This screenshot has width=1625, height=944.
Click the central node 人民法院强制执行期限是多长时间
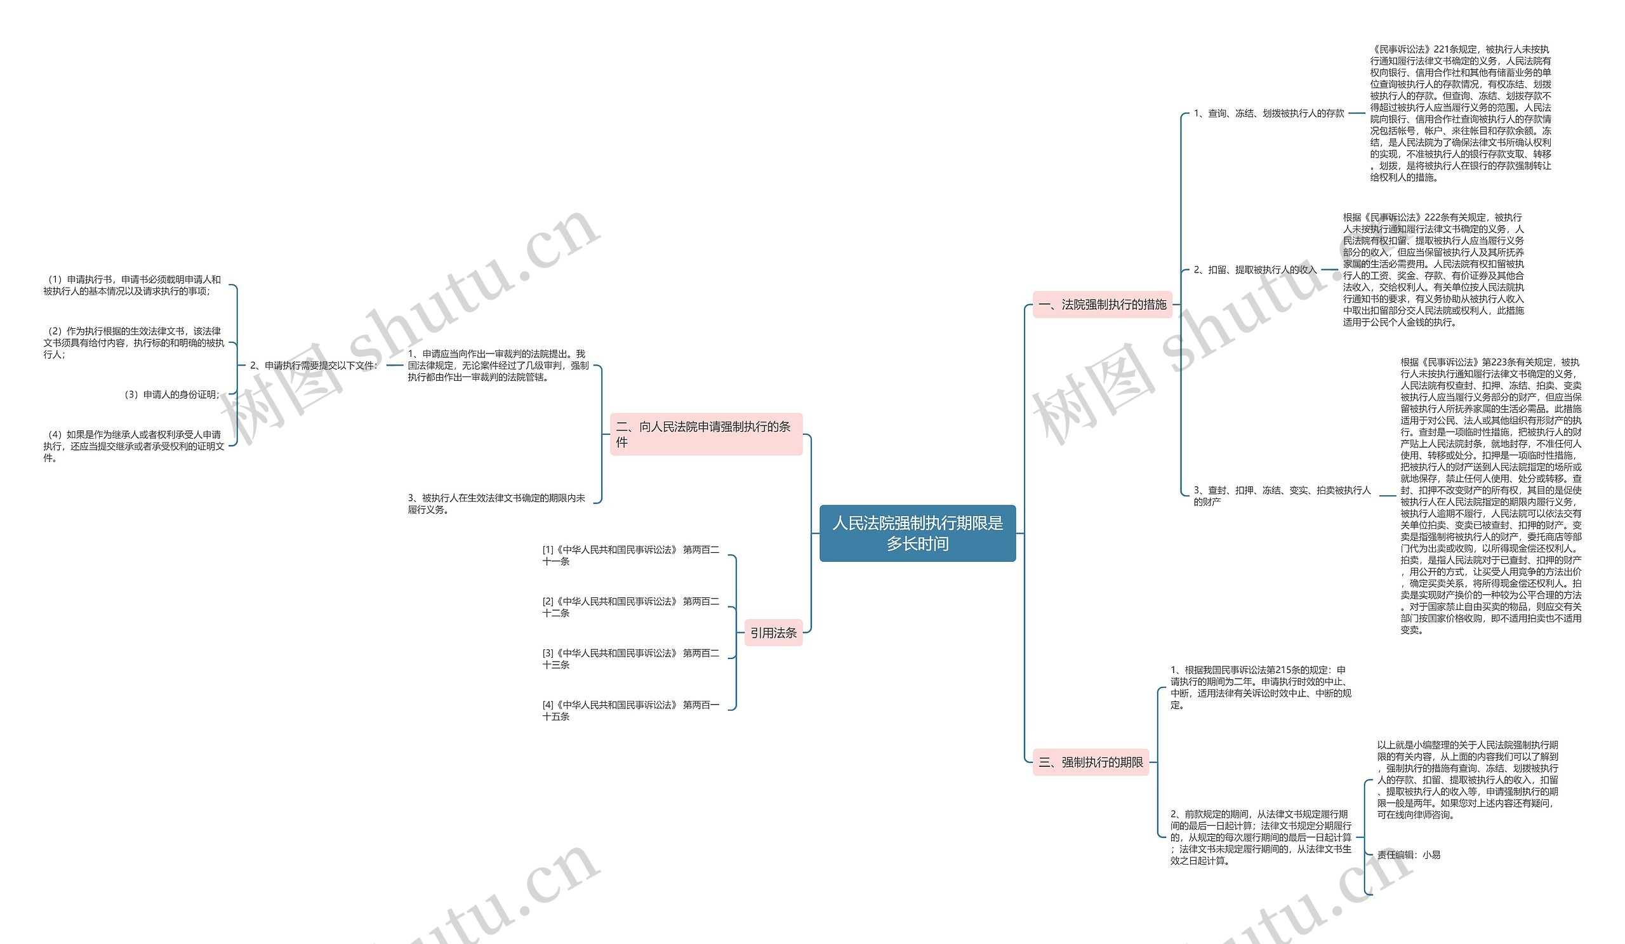pyautogui.click(x=917, y=533)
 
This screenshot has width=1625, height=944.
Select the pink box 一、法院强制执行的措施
pyautogui.click(x=1102, y=304)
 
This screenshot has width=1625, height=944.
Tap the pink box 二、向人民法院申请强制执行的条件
pyautogui.click(x=705, y=434)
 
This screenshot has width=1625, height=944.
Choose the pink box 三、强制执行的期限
pyautogui.click(x=1091, y=762)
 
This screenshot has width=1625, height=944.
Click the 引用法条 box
pyautogui.click(x=773, y=632)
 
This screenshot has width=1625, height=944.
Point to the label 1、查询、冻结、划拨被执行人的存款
pyautogui.click(x=1268, y=114)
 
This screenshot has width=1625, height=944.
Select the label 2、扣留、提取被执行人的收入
pyautogui.click(x=1254, y=270)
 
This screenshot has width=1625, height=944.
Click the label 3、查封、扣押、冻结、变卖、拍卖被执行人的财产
pyautogui.click(x=1282, y=495)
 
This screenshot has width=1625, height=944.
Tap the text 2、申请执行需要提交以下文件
pyautogui.click(x=314, y=365)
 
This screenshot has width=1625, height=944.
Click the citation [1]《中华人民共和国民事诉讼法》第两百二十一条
pyautogui.click(x=630, y=555)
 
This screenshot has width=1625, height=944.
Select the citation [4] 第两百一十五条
pyautogui.click(x=630, y=710)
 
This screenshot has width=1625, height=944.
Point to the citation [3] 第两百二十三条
pyautogui.click(x=630, y=658)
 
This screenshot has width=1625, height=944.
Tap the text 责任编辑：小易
pyautogui.click(x=1409, y=854)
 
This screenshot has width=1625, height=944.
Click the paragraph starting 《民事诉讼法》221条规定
pyautogui.click(x=1461, y=114)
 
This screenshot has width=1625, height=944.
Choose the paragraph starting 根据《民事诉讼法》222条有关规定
pyautogui.click(x=1433, y=270)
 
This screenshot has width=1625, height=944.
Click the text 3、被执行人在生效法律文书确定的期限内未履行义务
pyautogui.click(x=496, y=503)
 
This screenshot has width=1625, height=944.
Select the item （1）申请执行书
pyautogui.click(x=132, y=285)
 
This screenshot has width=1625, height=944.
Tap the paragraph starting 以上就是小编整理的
pyautogui.click(x=1467, y=780)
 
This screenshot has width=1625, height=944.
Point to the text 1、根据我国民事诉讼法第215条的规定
pyautogui.click(x=1260, y=688)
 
